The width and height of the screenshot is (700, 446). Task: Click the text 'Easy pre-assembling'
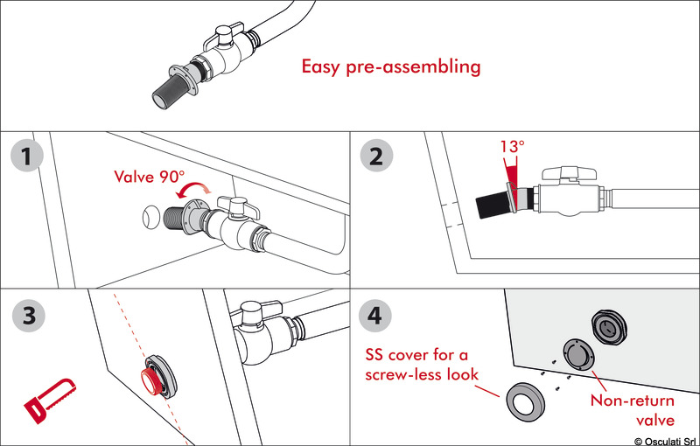(391, 66)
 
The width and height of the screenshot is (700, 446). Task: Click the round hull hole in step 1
(150, 214)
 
